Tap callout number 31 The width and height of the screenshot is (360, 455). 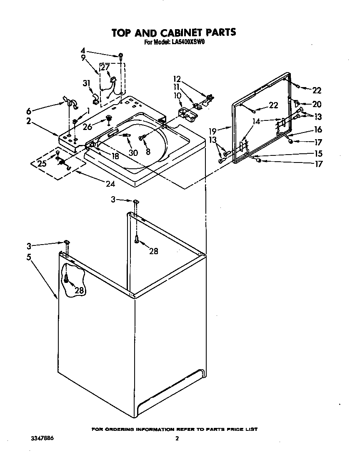click(x=86, y=83)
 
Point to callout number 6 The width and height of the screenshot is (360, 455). click(x=28, y=111)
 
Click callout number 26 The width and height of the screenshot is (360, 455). click(x=87, y=126)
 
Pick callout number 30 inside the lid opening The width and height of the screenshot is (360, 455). click(x=133, y=152)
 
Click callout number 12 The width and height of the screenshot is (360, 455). click(x=177, y=79)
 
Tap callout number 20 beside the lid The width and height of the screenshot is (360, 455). click(x=317, y=104)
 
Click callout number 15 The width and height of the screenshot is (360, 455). click(x=318, y=153)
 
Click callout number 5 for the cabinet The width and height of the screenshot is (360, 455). click(x=29, y=257)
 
